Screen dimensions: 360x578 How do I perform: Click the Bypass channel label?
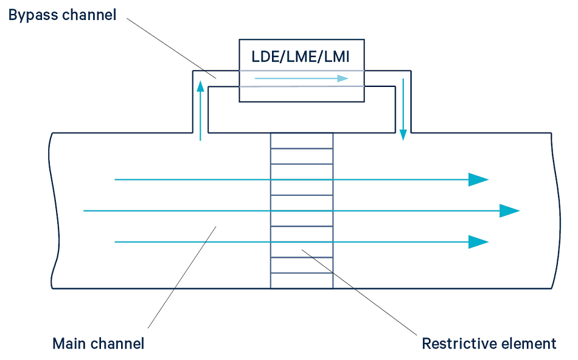pos(62,15)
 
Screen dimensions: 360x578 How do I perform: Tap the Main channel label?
pos(99,344)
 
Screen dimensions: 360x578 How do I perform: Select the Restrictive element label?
pos(489,344)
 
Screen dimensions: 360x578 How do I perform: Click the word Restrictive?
pos(459,344)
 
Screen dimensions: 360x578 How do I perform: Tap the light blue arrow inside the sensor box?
pos(301,78)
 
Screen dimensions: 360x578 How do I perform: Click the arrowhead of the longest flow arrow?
pos(509,211)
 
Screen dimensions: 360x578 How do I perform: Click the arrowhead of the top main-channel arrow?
pos(478,179)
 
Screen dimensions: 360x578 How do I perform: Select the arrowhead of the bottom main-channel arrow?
pos(478,242)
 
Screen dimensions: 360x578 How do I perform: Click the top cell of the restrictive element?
pos(302,140)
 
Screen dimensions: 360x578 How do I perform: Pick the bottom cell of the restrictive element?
pos(302,281)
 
